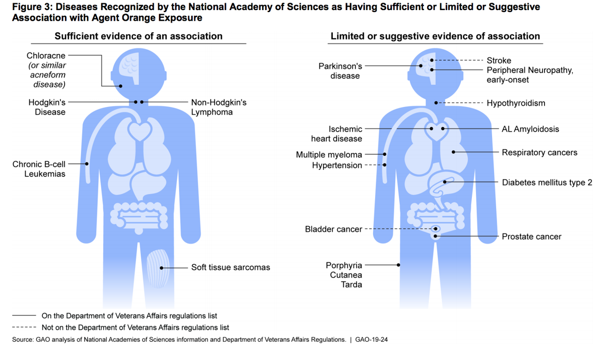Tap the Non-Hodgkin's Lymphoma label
coord(218,107)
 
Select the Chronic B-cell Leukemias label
coord(39,169)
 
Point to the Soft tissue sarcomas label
coord(230,267)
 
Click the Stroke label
coord(499,61)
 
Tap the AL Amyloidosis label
coord(530,129)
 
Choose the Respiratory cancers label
coord(539,152)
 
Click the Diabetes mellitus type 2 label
coord(547,183)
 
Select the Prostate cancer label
coord(531,236)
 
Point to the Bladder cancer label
coord(333,229)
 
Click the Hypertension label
coord(337,165)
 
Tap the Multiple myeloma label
coord(329,155)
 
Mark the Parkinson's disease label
coord(340,71)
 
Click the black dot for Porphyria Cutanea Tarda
coord(399,265)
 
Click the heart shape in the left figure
coord(137,132)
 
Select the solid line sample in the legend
coord(24,316)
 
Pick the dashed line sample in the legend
coord(24,328)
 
